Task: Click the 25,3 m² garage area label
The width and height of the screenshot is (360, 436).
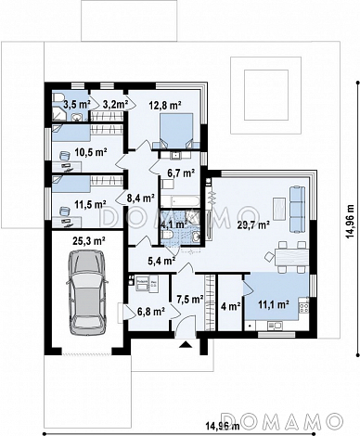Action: tap(89, 240)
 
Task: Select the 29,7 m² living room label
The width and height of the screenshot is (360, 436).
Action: tap(253, 225)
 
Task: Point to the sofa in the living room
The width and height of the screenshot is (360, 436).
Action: tap(297, 209)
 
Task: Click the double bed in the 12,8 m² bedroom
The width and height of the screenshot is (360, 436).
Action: tap(176, 131)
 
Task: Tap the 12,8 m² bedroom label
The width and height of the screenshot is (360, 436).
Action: tap(164, 106)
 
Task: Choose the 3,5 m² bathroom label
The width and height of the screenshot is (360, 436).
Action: tap(77, 105)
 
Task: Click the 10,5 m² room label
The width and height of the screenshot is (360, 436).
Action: tap(91, 152)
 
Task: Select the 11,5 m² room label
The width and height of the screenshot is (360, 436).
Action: tap(91, 204)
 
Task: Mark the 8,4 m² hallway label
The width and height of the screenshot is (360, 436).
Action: tap(141, 198)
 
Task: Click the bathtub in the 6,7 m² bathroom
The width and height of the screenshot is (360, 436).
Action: tap(180, 201)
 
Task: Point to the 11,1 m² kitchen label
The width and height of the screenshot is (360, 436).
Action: tap(274, 304)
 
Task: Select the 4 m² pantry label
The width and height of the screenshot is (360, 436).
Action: tap(231, 306)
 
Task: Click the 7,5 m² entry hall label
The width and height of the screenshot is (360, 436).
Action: tap(190, 299)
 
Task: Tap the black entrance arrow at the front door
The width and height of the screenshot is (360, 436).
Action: tap(186, 344)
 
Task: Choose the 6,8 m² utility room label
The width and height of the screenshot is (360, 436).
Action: tap(150, 312)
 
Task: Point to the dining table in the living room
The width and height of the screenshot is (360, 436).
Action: tap(291, 257)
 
